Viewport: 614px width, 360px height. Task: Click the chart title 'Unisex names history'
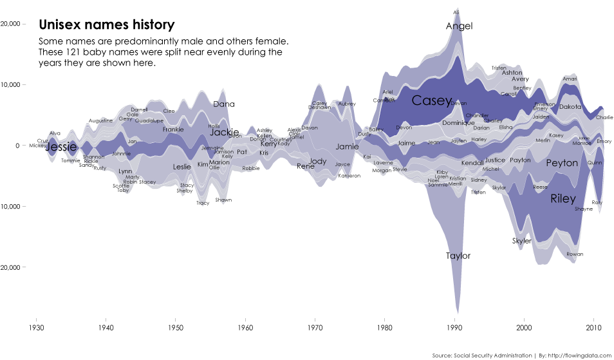pyautogui.click(x=106, y=25)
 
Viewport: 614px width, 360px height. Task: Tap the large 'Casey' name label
pyautogui.click(x=431, y=100)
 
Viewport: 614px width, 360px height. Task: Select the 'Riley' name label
pyautogui.click(x=563, y=199)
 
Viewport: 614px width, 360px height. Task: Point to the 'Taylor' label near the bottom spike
pyautogui.click(x=458, y=256)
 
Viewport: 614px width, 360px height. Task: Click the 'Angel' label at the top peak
pyautogui.click(x=459, y=26)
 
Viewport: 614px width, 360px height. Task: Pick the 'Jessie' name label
pyautogui.click(x=62, y=147)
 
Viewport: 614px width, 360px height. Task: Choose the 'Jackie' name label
pyautogui.click(x=225, y=132)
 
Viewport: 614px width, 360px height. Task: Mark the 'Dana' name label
pyautogui.click(x=223, y=104)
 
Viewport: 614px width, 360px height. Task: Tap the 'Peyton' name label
pyautogui.click(x=562, y=164)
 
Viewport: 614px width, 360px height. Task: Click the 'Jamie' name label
pyautogui.click(x=347, y=146)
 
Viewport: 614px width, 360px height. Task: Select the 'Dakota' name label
pyautogui.click(x=570, y=107)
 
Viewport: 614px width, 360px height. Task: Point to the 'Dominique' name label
pyautogui.click(x=458, y=123)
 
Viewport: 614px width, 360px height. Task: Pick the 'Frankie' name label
pyautogui.click(x=173, y=129)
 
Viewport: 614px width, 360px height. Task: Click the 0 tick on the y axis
pyautogui.click(x=18, y=146)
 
